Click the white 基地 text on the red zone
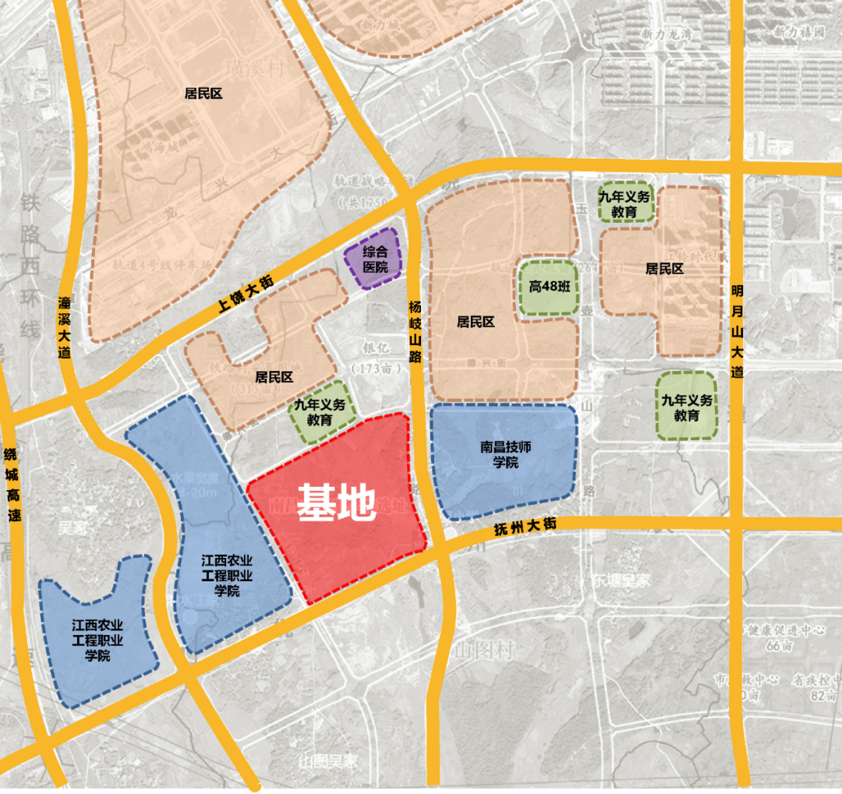point(334,505)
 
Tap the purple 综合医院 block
point(374,259)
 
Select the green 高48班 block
point(549,287)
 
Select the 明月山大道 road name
point(738,330)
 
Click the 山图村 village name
point(485,650)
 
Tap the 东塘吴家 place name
point(621,581)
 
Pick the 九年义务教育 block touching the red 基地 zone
point(320,412)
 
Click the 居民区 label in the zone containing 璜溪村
point(203,94)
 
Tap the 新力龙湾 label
point(666,34)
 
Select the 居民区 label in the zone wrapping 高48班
point(476,322)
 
